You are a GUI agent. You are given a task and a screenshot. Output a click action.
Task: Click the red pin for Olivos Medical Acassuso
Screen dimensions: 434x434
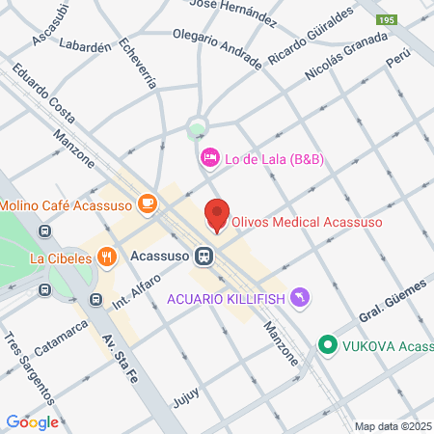(x=217, y=215)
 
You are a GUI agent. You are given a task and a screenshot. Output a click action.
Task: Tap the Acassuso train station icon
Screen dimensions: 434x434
(x=203, y=257)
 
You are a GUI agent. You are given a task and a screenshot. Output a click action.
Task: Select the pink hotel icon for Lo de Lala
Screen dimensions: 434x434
(x=208, y=157)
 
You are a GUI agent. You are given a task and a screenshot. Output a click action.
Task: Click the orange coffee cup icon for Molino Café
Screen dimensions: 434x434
(x=147, y=203)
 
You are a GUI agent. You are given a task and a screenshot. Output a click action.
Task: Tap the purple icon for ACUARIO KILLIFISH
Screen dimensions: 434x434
(x=301, y=298)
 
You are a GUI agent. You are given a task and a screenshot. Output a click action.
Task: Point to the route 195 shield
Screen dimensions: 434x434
(x=388, y=20)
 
